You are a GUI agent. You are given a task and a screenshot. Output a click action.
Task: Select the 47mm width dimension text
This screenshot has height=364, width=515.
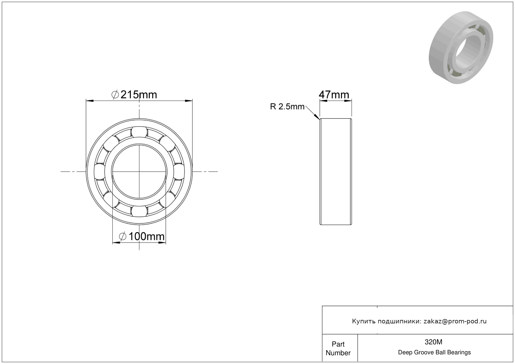[x=334, y=95]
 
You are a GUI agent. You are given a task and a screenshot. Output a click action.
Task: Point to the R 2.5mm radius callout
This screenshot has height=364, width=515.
[x=287, y=107]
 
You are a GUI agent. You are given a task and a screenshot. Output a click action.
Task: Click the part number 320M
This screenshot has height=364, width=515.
[x=433, y=342]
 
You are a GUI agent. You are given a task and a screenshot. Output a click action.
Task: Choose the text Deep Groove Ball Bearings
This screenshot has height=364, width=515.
[x=434, y=352]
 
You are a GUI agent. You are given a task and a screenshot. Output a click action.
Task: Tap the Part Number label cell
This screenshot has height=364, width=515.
[x=338, y=348]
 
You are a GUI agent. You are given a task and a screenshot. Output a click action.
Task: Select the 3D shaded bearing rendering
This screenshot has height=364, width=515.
[x=461, y=47]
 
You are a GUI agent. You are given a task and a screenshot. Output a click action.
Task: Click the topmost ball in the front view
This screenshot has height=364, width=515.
[x=139, y=132]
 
